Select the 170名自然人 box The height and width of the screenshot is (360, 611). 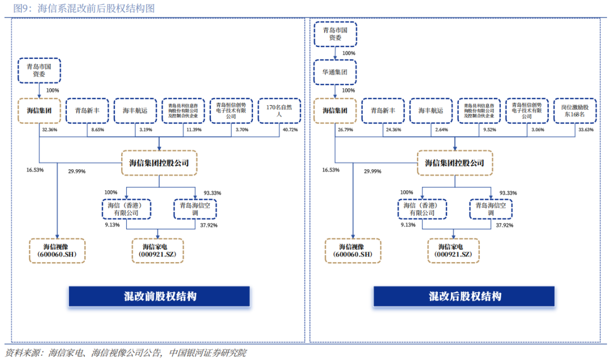coord(278,110)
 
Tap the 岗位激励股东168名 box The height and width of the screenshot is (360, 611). coord(574,110)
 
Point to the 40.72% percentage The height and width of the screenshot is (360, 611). coord(289,130)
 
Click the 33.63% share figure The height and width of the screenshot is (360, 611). coord(585,130)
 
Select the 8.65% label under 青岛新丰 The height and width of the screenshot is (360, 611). coord(97,130)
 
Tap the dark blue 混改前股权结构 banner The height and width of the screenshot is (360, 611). coord(159,297)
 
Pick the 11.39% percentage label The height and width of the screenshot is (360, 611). coord(193,130)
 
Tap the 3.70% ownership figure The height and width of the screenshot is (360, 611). coord(241,130)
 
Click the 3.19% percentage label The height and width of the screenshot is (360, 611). coord(145,130)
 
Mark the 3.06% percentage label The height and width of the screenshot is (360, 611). coord(537,130)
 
